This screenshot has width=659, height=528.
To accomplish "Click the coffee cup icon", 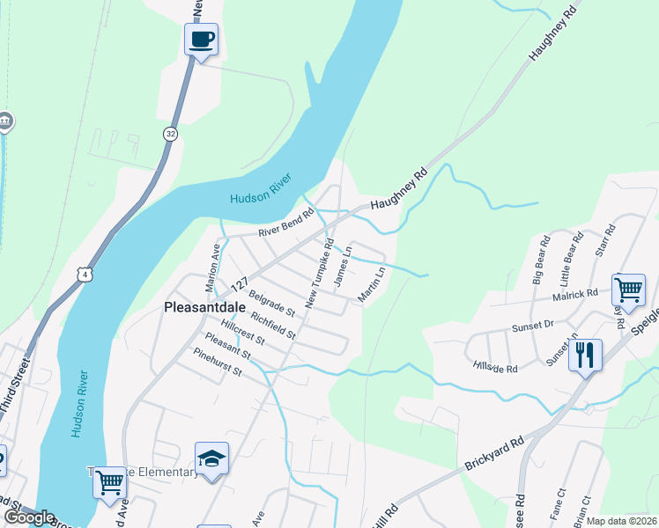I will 201,40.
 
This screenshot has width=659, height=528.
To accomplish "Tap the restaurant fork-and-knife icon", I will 585,356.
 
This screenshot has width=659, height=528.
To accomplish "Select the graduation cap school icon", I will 211,458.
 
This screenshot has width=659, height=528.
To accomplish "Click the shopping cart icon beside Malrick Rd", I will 628,289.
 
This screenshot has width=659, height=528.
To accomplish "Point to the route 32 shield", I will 169,133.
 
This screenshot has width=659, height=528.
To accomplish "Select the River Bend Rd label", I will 285,224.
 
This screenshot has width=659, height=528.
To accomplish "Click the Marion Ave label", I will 213,261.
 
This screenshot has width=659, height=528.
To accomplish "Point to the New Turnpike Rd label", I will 320,273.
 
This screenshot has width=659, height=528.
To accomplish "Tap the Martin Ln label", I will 372,285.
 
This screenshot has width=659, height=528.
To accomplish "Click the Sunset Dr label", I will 532,326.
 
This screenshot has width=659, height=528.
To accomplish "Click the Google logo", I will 28,517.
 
